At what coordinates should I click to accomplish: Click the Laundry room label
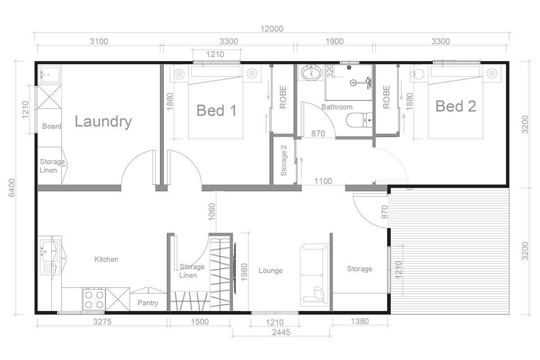[103, 121]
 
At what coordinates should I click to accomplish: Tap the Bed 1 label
[216, 110]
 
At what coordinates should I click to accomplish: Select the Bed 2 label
[455, 107]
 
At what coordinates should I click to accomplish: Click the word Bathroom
[337, 107]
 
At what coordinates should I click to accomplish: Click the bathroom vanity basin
[311, 73]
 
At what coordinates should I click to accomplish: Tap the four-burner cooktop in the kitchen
[94, 299]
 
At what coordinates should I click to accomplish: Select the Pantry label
[148, 303]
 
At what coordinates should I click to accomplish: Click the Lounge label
[270, 270]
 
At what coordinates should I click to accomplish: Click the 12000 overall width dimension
[272, 29]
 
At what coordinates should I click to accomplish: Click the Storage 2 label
[283, 160]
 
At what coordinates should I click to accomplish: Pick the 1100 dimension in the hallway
[323, 181]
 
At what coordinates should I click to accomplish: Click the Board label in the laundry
[51, 126]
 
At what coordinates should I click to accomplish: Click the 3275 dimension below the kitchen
[102, 322]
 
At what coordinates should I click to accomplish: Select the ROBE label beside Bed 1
[283, 97]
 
